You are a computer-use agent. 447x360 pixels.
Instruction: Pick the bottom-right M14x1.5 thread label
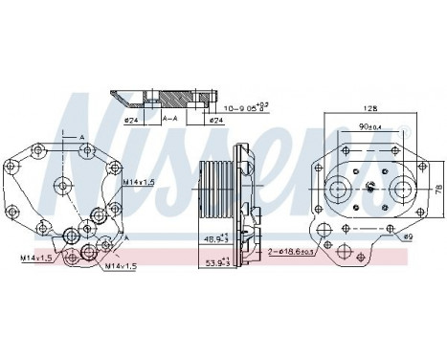(x=120, y=265)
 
